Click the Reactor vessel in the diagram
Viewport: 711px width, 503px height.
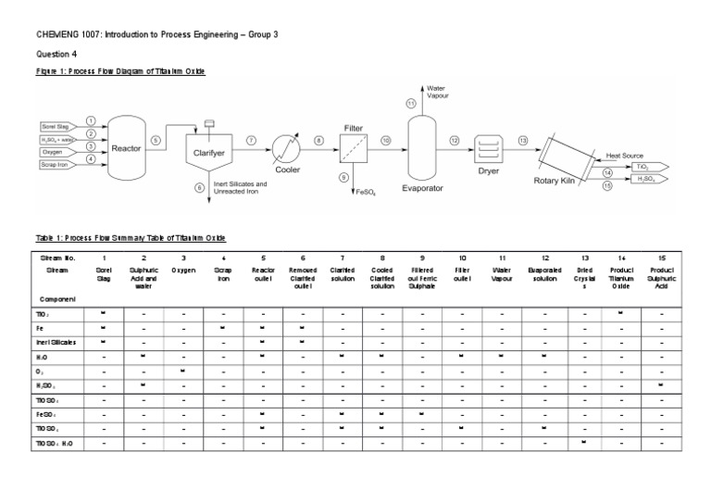click(127, 144)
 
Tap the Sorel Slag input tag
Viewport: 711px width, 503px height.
click(57, 126)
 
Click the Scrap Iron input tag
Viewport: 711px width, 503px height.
click(57, 164)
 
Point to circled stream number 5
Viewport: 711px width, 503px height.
click(156, 140)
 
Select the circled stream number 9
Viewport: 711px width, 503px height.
click(344, 177)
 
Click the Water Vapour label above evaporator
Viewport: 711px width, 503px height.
click(436, 92)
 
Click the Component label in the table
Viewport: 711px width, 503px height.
click(56, 300)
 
